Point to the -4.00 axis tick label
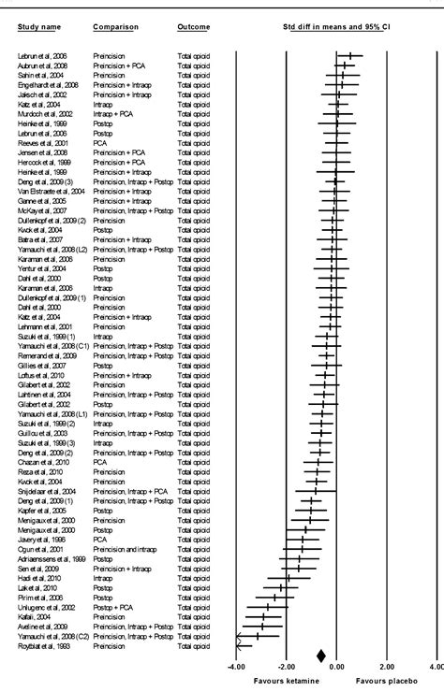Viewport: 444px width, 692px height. (x=236, y=667)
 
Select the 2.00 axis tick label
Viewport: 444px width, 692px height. (x=387, y=667)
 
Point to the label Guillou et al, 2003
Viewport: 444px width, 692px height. (x=42, y=432)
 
